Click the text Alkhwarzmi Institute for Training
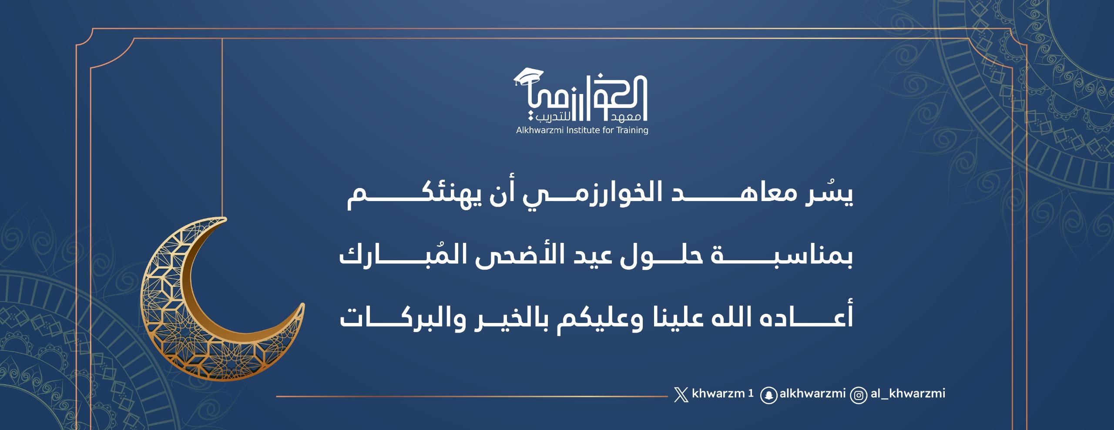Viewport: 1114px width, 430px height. coord(582,130)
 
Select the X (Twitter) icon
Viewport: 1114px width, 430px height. coord(681,394)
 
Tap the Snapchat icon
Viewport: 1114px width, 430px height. coord(768,395)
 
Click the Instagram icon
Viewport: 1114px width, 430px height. coord(859,395)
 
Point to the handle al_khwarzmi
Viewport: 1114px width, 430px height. coord(908,393)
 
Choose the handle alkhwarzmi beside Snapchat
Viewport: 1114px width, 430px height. coord(812,393)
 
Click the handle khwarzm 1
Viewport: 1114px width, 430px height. coord(722,393)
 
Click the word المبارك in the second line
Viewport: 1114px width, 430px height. coord(403,255)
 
